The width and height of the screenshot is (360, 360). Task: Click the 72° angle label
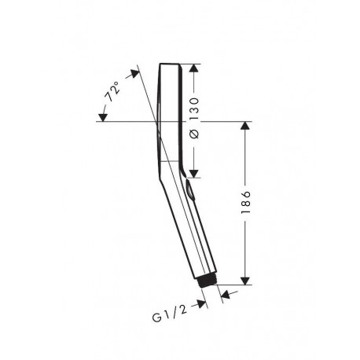coord(112,91)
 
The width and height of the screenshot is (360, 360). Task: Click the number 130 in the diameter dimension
coord(194,108)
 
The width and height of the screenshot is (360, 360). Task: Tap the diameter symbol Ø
coord(194,134)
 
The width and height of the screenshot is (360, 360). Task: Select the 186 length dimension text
coord(245,202)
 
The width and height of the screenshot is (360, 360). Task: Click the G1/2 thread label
coord(170,314)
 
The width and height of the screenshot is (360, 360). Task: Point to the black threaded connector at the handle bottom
coord(207,282)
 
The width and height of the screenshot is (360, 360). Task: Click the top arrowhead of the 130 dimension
coord(193,68)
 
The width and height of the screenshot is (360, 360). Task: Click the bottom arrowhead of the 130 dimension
coord(193,174)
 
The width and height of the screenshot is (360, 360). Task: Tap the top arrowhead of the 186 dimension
coord(244,126)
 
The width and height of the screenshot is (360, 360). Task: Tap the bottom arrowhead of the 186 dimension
coord(244,281)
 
